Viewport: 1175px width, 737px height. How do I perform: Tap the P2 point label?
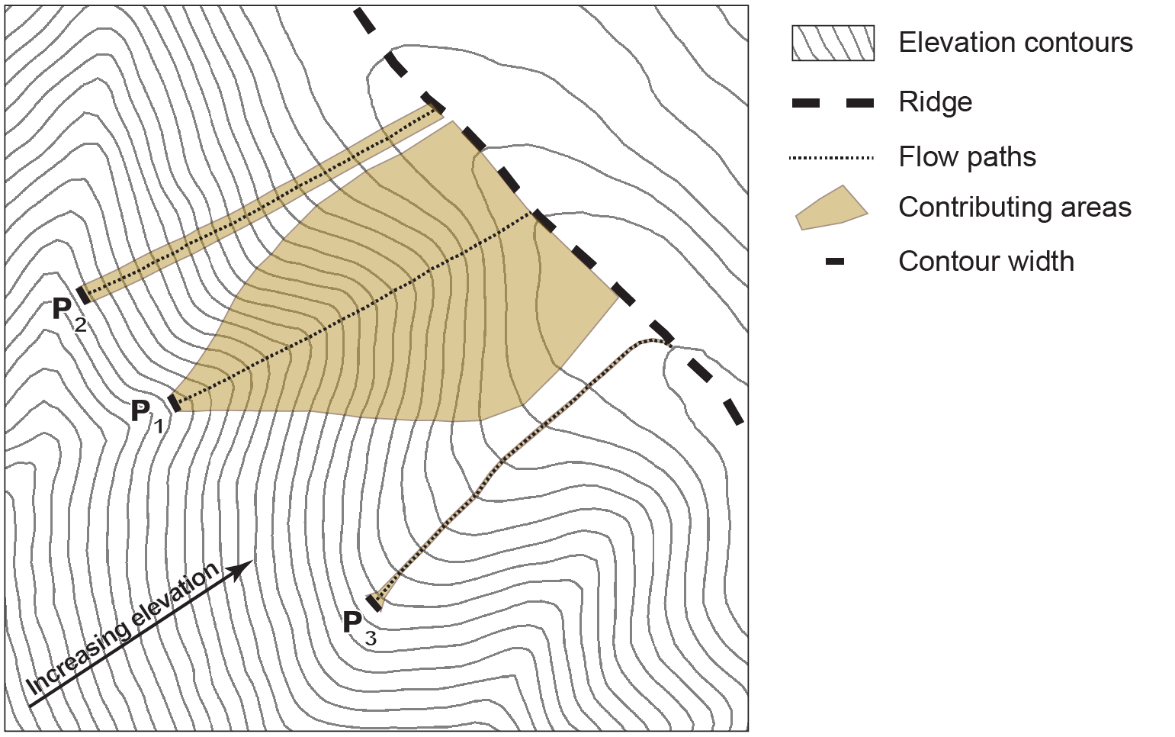[x=68, y=313]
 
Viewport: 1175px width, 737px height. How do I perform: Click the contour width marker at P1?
[x=175, y=402]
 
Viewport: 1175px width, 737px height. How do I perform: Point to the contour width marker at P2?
[x=82, y=294]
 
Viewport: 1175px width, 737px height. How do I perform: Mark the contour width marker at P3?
[x=374, y=602]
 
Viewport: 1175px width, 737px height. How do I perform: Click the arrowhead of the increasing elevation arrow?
[x=244, y=568]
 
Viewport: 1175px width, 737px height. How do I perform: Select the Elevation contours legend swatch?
[x=833, y=43]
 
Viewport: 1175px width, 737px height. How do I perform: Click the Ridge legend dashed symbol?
[x=833, y=103]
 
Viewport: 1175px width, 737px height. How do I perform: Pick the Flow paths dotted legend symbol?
[x=831, y=158]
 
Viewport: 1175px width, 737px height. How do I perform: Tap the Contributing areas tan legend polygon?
[x=831, y=208]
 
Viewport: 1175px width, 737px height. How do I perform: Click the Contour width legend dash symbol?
[x=835, y=262]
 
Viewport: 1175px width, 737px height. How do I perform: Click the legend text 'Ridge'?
[x=935, y=102]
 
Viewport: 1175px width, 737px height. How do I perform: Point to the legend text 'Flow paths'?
[x=967, y=157]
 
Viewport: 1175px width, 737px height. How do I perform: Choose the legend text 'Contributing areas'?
[x=1014, y=208]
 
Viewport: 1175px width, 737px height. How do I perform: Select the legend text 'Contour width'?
[x=986, y=262]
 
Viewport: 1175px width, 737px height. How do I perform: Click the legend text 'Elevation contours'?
[x=1015, y=43]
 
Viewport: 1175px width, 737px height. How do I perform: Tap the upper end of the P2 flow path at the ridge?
[x=439, y=109]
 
